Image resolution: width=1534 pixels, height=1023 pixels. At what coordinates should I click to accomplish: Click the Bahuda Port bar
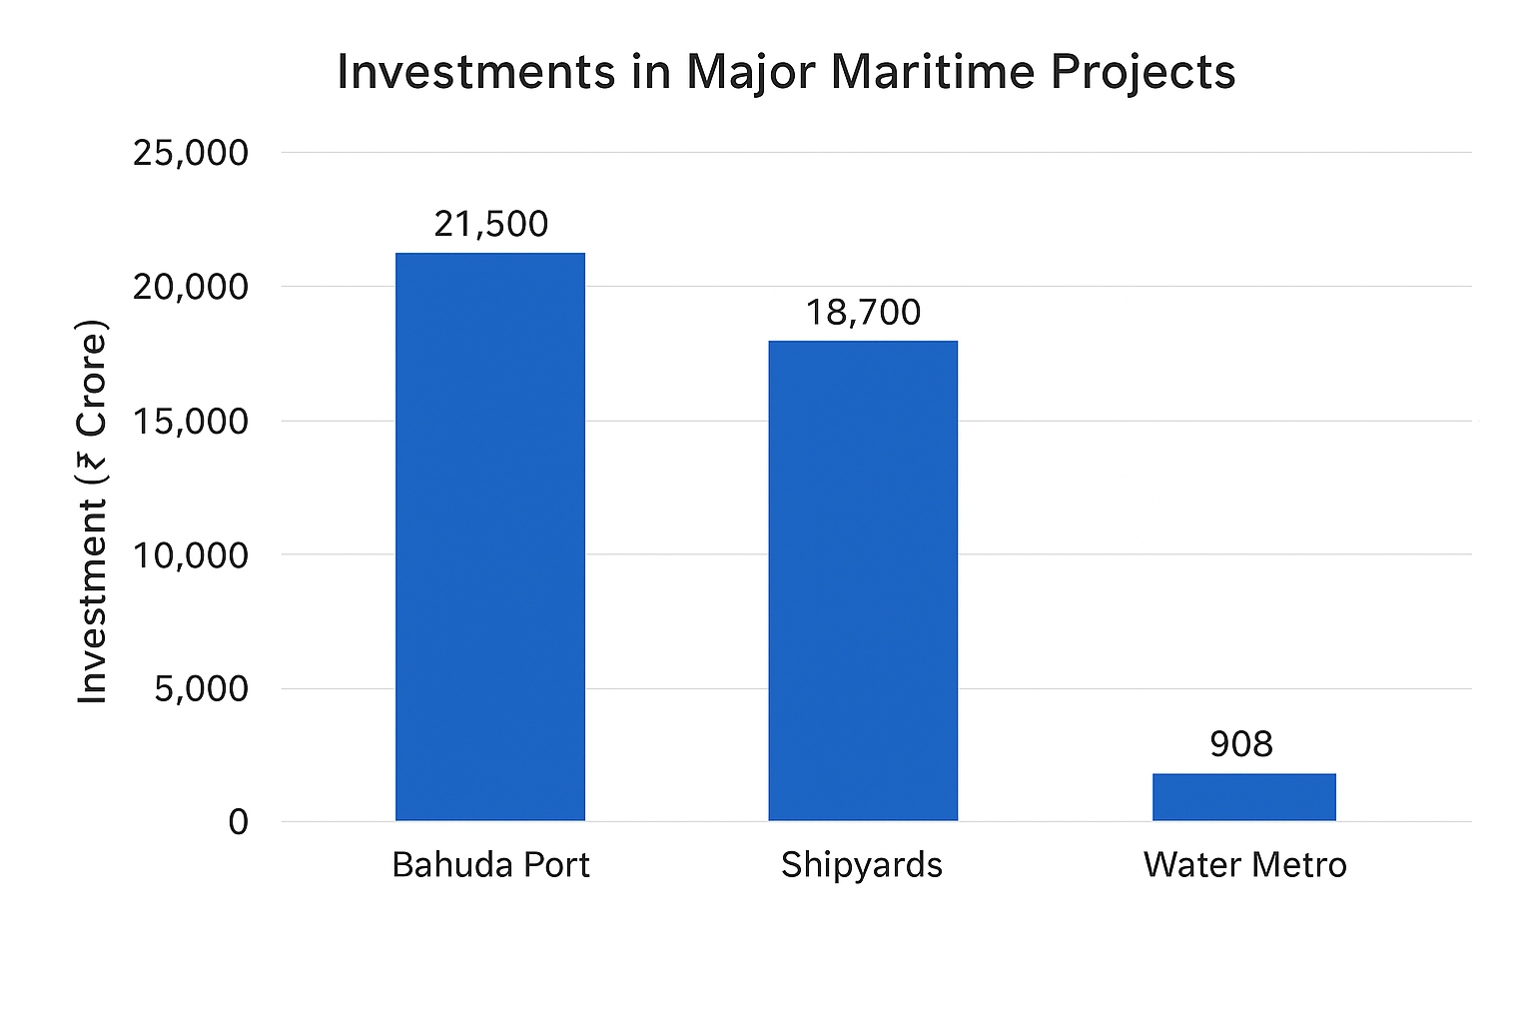pos(489,536)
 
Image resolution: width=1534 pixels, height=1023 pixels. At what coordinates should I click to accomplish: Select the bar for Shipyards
pos(862,580)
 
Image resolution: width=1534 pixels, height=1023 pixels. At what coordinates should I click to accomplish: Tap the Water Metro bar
pos(1243,797)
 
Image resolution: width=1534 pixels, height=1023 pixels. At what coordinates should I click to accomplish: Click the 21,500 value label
pos(490,224)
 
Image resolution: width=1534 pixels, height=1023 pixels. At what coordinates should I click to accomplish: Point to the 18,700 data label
pos(863,313)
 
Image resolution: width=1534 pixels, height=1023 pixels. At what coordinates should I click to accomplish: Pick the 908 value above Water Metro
pos(1241,743)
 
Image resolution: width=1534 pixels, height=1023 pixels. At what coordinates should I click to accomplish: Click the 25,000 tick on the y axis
pos(190,153)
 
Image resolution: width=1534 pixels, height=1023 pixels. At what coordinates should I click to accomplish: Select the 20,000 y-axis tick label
pos(190,287)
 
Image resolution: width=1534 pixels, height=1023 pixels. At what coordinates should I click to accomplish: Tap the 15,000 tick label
pos(190,421)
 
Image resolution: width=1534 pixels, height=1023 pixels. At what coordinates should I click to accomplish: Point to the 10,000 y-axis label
pos(190,554)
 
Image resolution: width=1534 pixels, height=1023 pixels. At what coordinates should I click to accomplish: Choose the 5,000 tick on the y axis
pos(201,688)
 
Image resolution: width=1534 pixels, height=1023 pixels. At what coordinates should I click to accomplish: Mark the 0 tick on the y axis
pos(238,822)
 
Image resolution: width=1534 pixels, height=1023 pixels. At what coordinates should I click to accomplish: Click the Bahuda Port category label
pos(490,864)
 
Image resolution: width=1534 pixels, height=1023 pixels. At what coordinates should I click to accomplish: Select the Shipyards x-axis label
pos(862,864)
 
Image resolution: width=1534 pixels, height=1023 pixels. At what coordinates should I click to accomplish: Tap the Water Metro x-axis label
pos(1244,864)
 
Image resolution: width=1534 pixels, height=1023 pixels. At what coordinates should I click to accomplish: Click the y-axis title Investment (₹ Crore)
pos(92,511)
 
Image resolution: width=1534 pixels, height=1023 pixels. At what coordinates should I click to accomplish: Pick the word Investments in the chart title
pos(476,73)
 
